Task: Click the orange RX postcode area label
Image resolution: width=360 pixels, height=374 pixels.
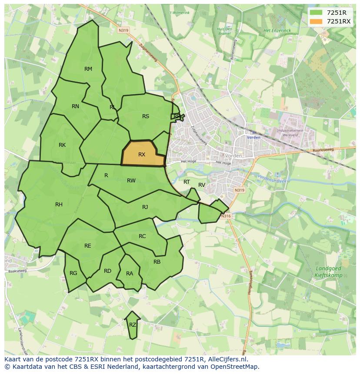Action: pos(142,154)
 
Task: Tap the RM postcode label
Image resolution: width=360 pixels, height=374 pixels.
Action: pos(88,69)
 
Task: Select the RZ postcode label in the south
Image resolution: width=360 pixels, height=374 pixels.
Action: pos(133,324)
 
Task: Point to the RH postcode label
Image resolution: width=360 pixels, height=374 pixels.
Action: pos(59,204)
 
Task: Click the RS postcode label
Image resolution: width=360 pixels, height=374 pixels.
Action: pos(146,116)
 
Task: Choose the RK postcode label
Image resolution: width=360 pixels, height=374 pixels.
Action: pos(62,145)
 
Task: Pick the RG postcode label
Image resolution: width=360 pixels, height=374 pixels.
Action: pos(73,273)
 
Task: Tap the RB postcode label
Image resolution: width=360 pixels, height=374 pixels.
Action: pos(157,261)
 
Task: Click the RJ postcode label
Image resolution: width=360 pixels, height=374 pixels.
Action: pos(145,207)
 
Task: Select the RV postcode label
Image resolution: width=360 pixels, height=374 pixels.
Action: pos(202,185)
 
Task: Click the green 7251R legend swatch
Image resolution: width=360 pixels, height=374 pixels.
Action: pos(316,13)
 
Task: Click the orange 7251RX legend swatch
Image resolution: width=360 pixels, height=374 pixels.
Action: pos(316,21)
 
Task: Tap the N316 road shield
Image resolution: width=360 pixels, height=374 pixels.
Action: pos(225,216)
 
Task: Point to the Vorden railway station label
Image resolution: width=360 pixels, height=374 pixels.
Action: pos(253,137)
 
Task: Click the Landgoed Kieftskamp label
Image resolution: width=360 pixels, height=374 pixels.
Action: pos(328,272)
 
